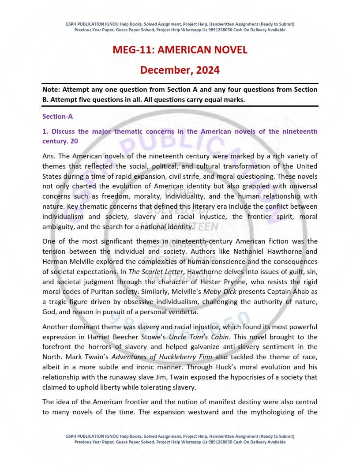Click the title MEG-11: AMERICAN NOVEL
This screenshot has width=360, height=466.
click(x=180, y=50)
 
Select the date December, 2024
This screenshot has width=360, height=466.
click(x=180, y=70)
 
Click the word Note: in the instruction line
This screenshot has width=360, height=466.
click(x=51, y=90)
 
